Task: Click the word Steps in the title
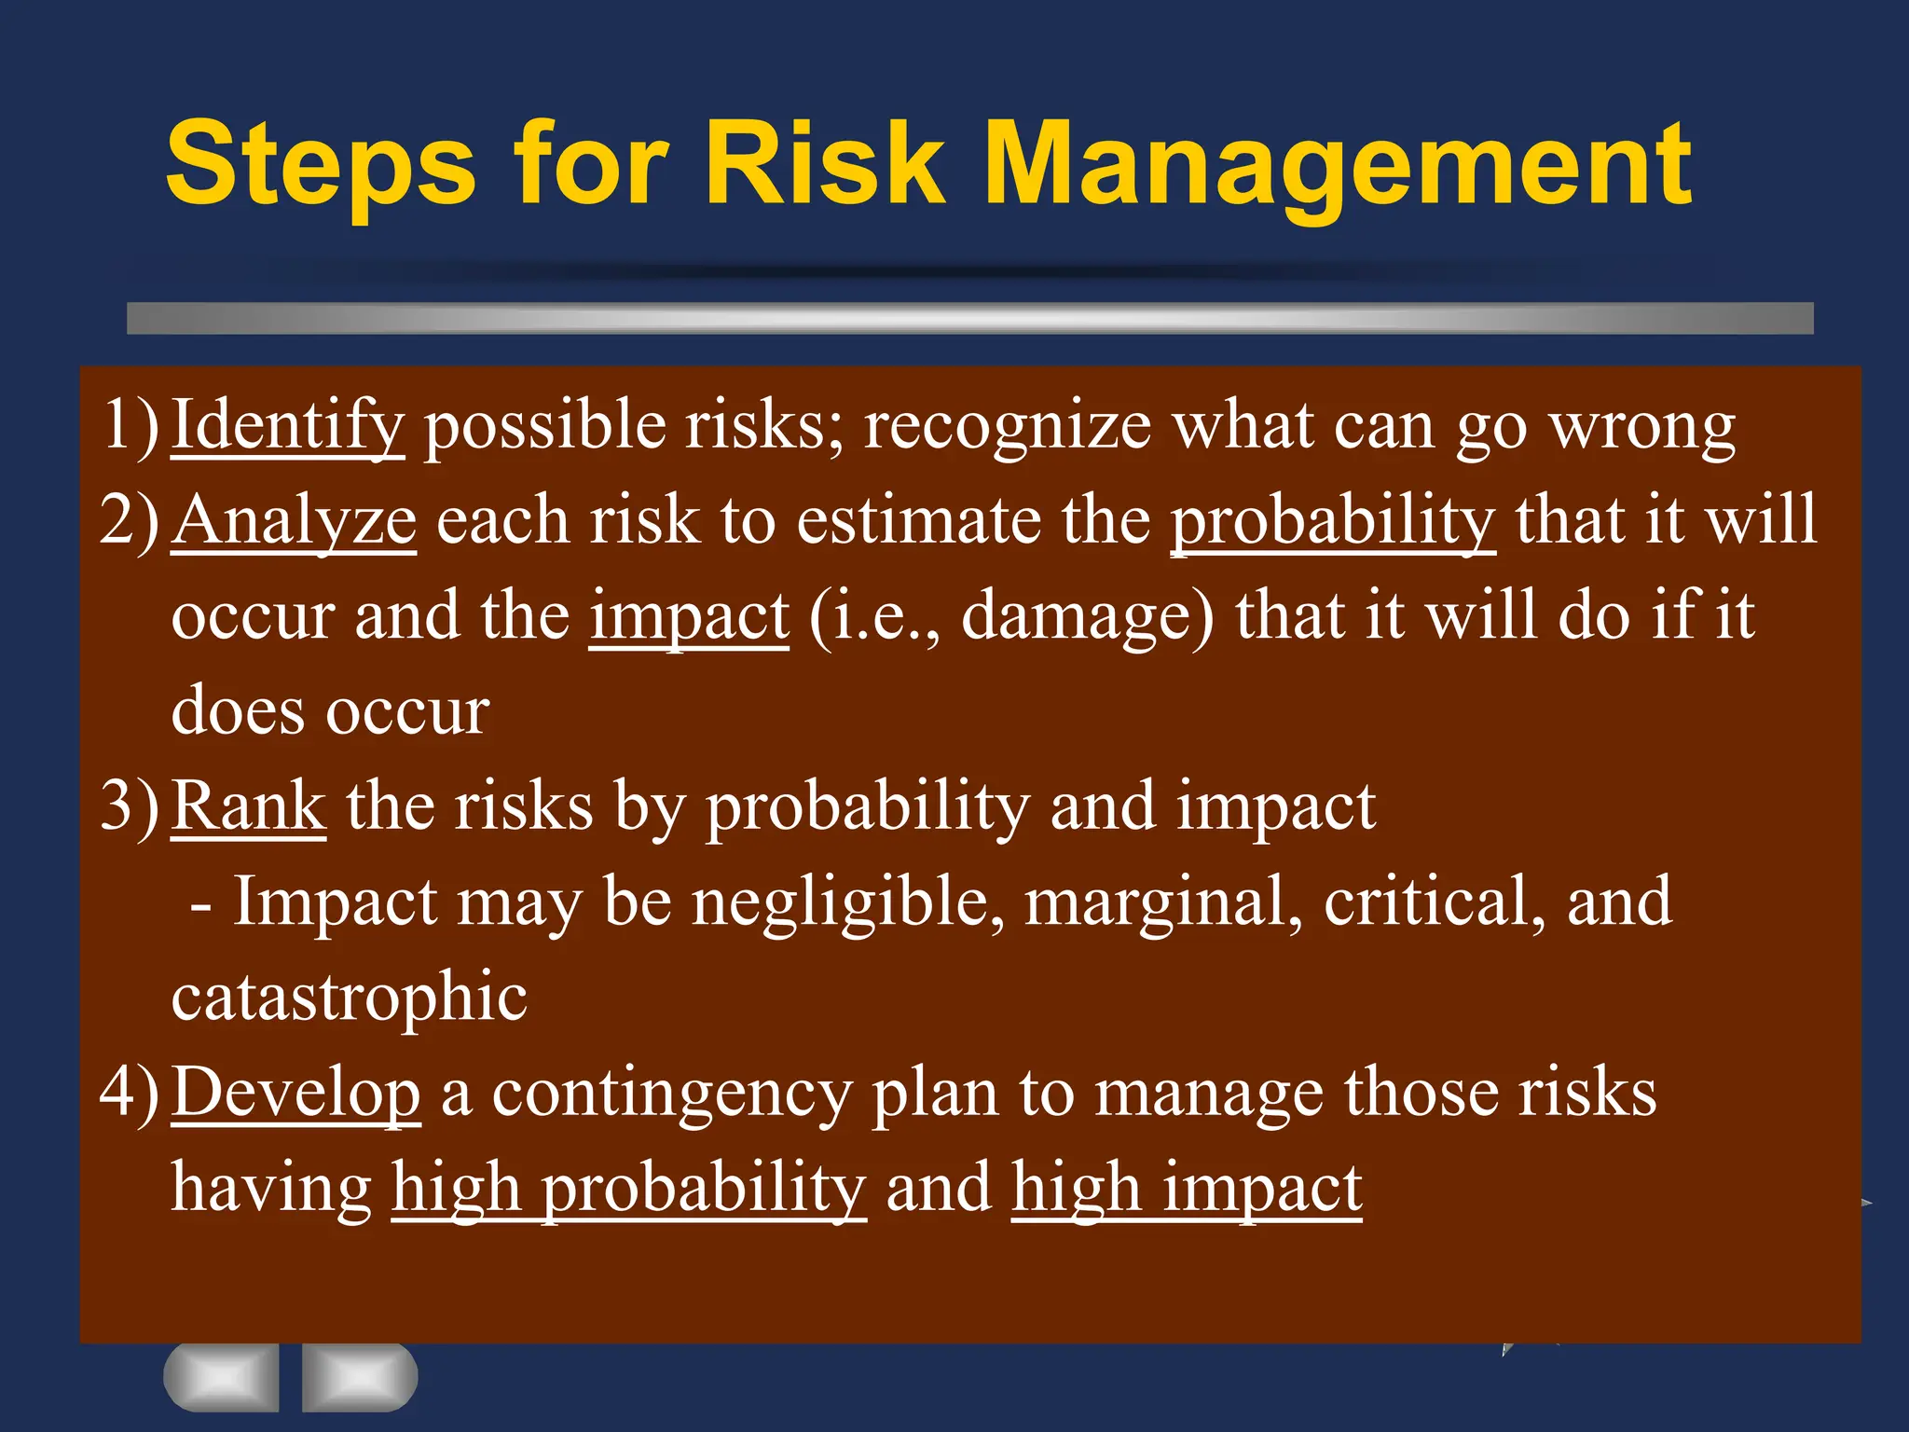tap(321, 166)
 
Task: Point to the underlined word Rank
tap(249, 806)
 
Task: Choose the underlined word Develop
tap(296, 1093)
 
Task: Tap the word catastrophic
tap(350, 998)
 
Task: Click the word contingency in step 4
tap(671, 1095)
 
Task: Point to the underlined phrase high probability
tap(628, 1191)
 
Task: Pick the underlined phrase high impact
tap(1187, 1191)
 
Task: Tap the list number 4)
tap(130, 1093)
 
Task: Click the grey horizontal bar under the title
tap(969, 318)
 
